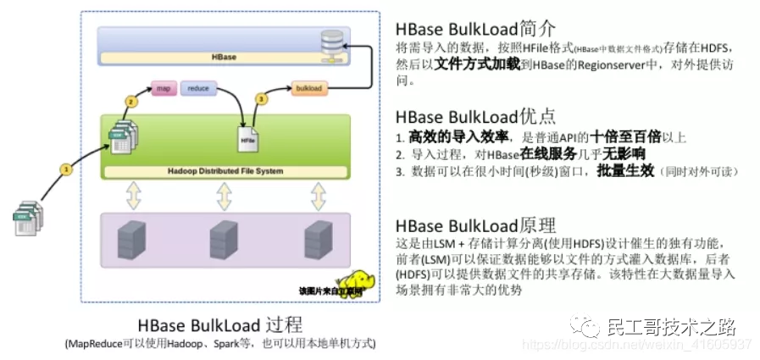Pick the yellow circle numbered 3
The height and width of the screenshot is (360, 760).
tap(261, 99)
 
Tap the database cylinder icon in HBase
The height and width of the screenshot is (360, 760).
tap(335, 41)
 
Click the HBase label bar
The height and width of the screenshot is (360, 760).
tap(224, 58)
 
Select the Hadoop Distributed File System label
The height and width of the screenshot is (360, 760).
tap(224, 171)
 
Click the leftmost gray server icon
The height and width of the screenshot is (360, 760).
tap(129, 239)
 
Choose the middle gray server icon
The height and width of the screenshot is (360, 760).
tap(224, 239)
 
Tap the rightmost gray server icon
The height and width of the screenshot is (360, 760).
tap(318, 239)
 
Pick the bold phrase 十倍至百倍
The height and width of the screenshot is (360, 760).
tap(625, 137)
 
